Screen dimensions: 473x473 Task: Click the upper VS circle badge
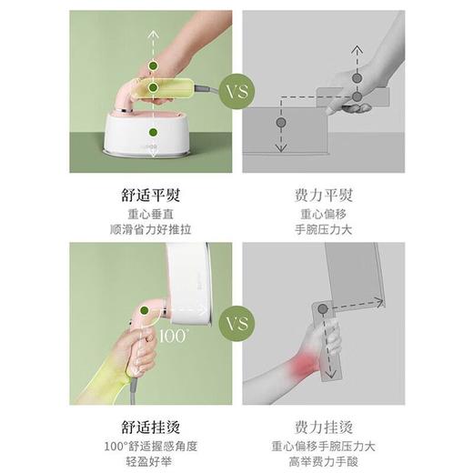(236, 92)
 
